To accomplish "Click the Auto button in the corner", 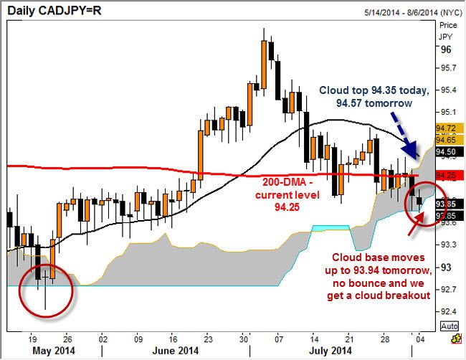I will (449, 326).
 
